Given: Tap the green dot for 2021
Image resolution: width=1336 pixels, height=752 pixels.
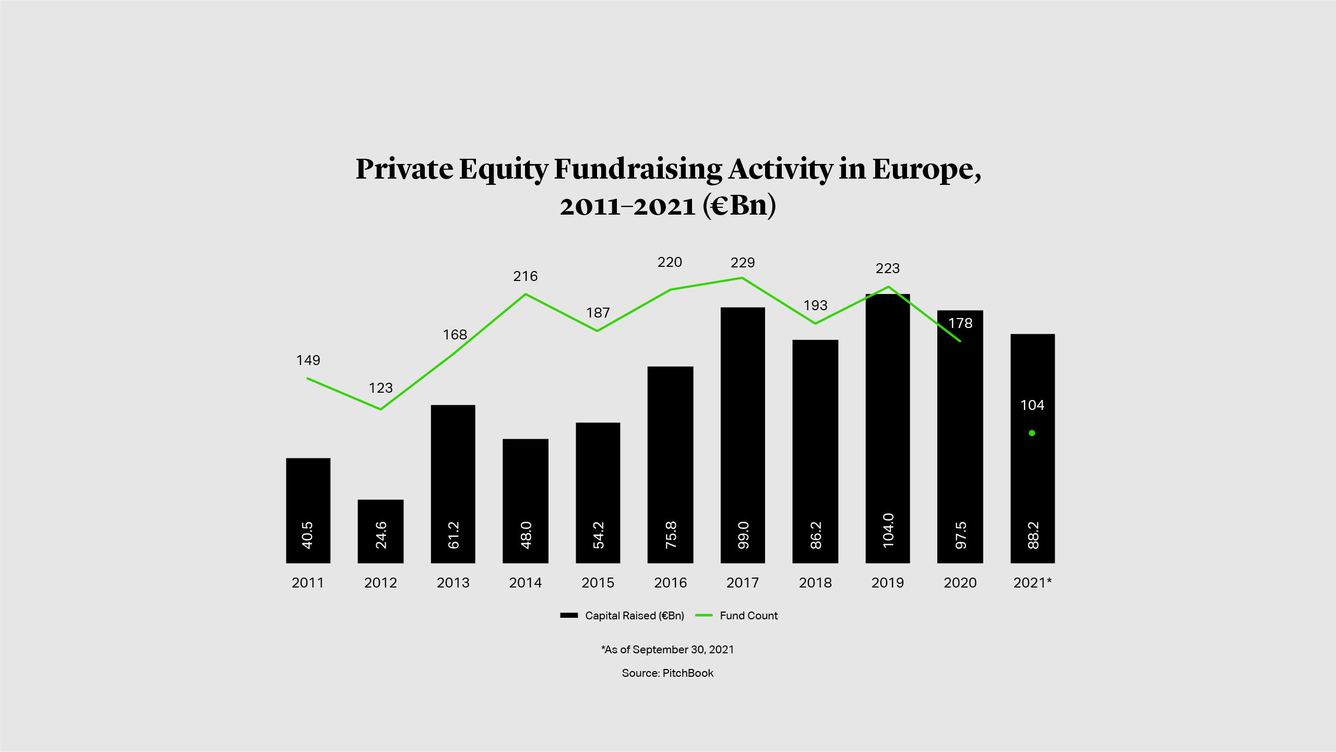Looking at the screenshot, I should pyautogui.click(x=1032, y=433).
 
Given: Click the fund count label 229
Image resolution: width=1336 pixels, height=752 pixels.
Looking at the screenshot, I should pyautogui.click(x=743, y=263).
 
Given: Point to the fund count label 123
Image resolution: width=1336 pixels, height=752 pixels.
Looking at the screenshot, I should pyautogui.click(x=380, y=388).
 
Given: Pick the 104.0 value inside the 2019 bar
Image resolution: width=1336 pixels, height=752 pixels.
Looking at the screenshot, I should pyautogui.click(x=888, y=531).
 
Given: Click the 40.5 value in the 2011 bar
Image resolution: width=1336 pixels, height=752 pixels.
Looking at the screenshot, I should pyautogui.click(x=308, y=535).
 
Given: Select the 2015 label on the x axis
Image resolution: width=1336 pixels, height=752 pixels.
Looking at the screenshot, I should pyautogui.click(x=598, y=583).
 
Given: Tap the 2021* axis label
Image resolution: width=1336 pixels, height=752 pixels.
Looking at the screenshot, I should pyautogui.click(x=1032, y=583).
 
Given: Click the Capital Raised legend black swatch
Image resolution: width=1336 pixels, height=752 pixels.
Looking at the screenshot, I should pyautogui.click(x=569, y=616).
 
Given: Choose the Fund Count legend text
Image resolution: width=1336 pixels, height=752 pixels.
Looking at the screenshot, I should pyautogui.click(x=748, y=616).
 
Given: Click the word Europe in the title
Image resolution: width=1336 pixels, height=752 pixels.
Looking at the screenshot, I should pyautogui.click(x=926, y=169).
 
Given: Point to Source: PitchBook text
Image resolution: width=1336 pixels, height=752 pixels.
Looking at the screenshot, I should pyautogui.click(x=667, y=673).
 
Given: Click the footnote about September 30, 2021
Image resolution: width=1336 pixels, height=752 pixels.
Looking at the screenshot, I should pyautogui.click(x=667, y=650).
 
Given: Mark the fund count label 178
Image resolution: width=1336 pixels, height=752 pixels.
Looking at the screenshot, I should pyautogui.click(x=960, y=323).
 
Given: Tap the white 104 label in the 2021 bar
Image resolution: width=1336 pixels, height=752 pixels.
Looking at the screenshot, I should pyautogui.click(x=1032, y=405).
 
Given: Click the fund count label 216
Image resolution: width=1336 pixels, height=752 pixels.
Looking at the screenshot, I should pyautogui.click(x=525, y=276).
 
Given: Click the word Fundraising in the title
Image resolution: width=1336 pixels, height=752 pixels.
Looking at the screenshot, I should pyautogui.click(x=638, y=169).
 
